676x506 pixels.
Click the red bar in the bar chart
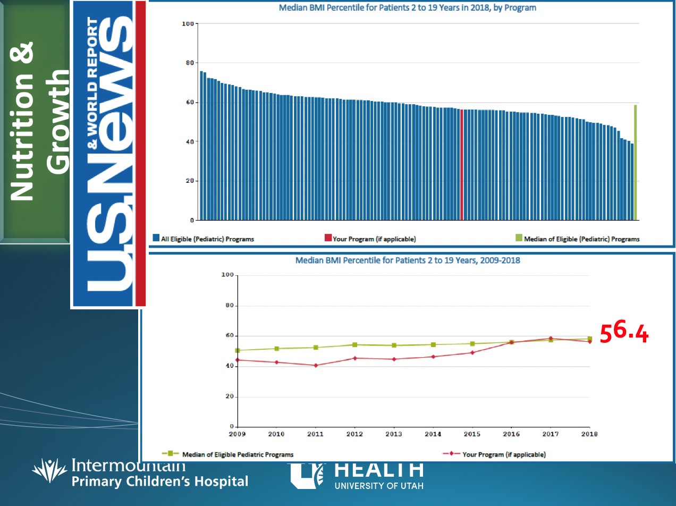click(x=462, y=165)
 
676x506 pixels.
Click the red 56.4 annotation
click(x=624, y=333)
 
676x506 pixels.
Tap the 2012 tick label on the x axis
click(x=354, y=434)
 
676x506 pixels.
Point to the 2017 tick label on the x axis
click(x=550, y=434)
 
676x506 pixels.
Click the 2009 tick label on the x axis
click(x=238, y=434)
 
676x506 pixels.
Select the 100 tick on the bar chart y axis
click(x=187, y=24)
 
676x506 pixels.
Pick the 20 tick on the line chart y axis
click(x=229, y=397)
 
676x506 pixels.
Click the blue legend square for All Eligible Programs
click(x=156, y=238)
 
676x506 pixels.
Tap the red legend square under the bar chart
click(x=328, y=238)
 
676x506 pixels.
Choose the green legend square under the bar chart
click(x=519, y=238)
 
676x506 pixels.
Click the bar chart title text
click(x=408, y=8)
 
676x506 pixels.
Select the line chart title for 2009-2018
click(x=408, y=261)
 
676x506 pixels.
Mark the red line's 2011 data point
click(x=316, y=365)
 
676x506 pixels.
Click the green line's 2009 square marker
click(x=238, y=350)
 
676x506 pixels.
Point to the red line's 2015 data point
click(x=472, y=352)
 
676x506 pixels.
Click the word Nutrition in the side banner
click(x=22, y=122)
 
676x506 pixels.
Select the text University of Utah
click(x=379, y=485)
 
